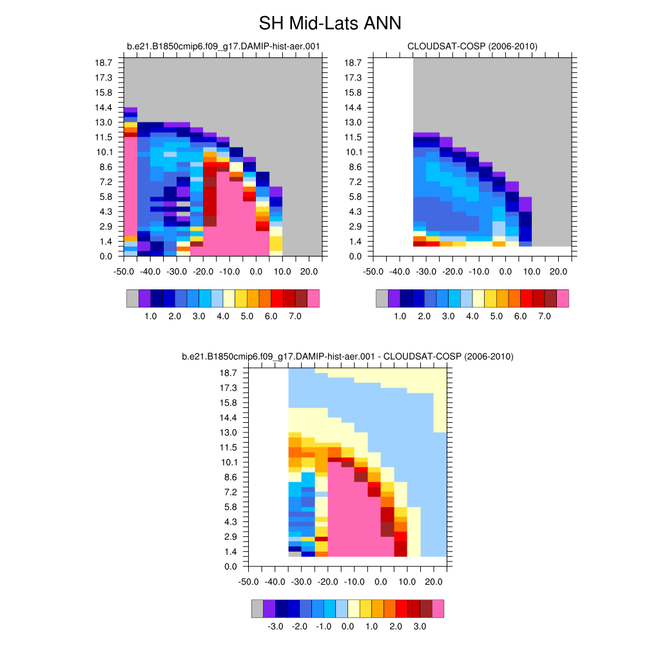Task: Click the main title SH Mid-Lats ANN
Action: click(329, 24)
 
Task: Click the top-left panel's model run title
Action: click(223, 46)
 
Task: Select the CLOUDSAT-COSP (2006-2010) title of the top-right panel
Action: click(472, 46)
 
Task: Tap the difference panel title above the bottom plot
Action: click(347, 356)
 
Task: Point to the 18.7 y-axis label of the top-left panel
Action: click(105, 63)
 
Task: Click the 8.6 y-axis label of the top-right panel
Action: click(353, 167)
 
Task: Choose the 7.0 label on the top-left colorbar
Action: click(295, 316)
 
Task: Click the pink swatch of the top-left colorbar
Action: click(313, 298)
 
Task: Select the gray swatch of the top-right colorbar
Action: click(382, 298)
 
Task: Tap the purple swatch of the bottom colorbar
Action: click(269, 609)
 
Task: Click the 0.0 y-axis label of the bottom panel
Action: click(229, 567)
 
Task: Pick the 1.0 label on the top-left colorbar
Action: click(151, 316)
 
